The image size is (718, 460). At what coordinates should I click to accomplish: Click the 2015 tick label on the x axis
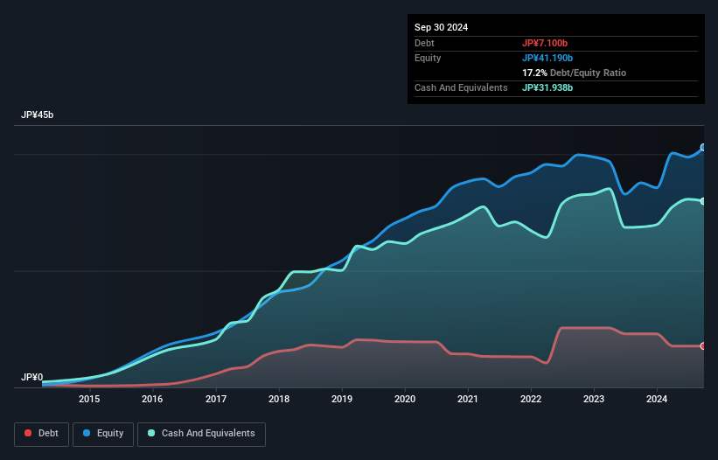pos(89,400)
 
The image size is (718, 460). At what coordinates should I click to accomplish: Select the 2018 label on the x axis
pos(279,400)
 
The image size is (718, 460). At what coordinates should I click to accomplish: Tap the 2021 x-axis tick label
pos(469,400)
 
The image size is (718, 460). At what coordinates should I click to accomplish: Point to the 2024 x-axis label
pos(658,400)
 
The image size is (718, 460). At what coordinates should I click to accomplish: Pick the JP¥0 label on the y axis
pos(32,377)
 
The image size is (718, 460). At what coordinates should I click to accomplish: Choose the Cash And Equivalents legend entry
pos(201,433)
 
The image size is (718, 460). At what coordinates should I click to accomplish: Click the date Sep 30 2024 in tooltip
pos(442,27)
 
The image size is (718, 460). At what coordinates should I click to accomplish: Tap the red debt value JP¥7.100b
pos(545,43)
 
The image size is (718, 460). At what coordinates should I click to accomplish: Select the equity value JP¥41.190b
pos(547,58)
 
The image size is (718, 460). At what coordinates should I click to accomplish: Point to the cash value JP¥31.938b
pos(547,87)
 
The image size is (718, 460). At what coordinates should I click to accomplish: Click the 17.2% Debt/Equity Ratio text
pos(574,73)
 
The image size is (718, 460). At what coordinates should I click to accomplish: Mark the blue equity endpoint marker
pos(702,148)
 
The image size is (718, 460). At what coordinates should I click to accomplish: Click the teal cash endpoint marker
pos(702,201)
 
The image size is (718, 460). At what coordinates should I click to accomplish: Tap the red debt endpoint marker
pos(702,346)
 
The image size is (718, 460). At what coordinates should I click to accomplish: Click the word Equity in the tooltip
pos(428,58)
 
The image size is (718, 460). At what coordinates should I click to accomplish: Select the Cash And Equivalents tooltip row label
pos(461,87)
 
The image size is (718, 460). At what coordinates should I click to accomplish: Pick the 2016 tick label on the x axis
pos(152,400)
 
